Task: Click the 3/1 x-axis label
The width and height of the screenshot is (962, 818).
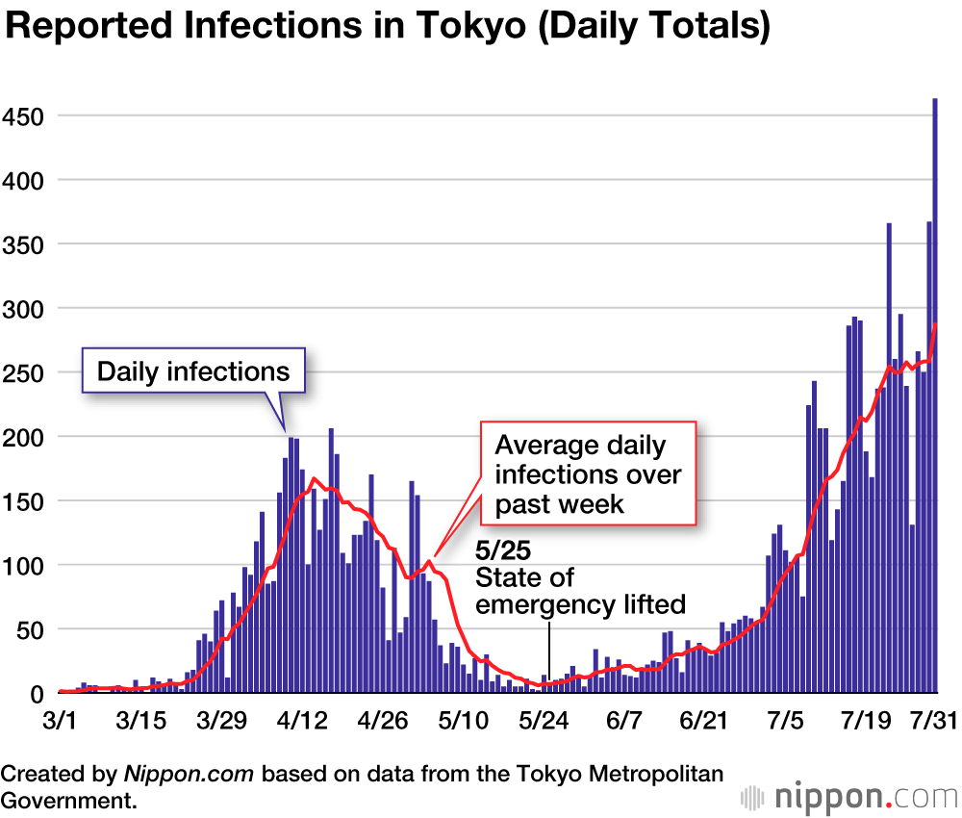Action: [60, 720]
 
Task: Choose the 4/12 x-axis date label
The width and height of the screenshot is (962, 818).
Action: [302, 720]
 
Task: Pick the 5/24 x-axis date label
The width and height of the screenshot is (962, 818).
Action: [544, 720]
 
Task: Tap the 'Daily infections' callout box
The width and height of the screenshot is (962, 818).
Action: [193, 371]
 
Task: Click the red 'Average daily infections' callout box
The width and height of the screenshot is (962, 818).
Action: [588, 473]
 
